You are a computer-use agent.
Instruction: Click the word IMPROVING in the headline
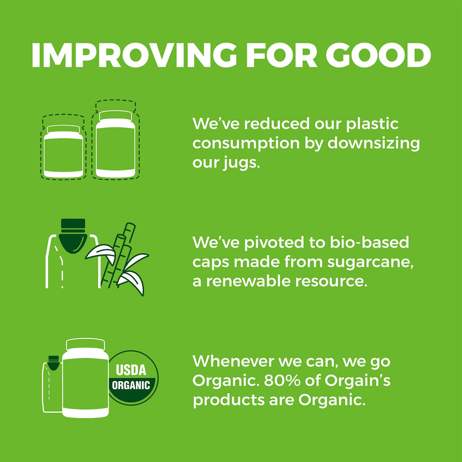click(x=134, y=55)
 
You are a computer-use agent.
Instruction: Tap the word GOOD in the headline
click(x=378, y=55)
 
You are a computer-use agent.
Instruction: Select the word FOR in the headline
click(x=281, y=55)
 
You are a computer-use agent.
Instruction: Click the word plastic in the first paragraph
click(x=372, y=124)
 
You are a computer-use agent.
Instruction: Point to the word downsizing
click(x=374, y=144)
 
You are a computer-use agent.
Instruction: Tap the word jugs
click(x=241, y=163)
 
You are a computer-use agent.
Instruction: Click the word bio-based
click(x=369, y=242)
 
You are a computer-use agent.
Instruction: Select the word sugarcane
click(x=370, y=263)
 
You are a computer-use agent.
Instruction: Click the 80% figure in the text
click(x=282, y=381)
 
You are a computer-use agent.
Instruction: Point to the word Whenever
click(x=233, y=361)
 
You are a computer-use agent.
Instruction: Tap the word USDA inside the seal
click(x=131, y=370)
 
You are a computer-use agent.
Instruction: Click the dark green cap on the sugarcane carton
click(x=73, y=236)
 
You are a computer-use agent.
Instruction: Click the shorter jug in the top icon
click(x=64, y=151)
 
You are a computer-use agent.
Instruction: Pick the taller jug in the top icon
click(x=115, y=144)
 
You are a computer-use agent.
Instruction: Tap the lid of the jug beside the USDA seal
click(x=85, y=344)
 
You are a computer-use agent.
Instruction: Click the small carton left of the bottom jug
click(x=52, y=384)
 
